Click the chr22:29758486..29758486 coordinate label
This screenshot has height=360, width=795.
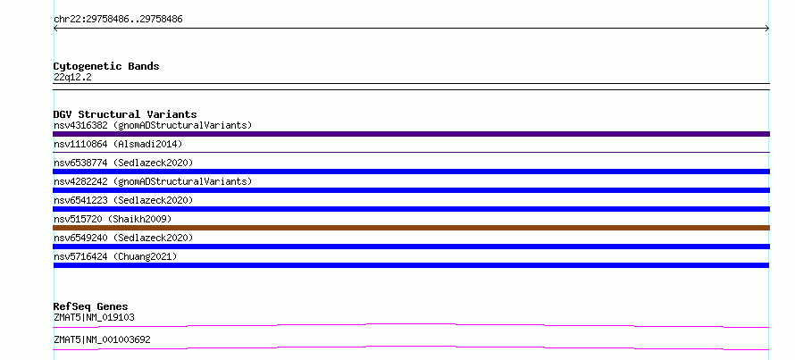(x=118, y=20)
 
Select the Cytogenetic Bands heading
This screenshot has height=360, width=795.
(x=106, y=66)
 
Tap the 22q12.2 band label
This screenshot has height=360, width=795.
(x=72, y=78)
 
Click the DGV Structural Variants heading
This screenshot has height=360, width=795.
(x=125, y=114)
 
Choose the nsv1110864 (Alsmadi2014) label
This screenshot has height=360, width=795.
(x=118, y=144)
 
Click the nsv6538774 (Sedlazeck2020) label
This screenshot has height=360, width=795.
(x=123, y=163)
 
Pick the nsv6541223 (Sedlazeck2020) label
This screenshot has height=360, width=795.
(x=123, y=200)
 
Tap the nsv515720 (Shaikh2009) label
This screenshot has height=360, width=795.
(x=113, y=219)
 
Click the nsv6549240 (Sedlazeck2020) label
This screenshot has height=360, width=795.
(x=123, y=238)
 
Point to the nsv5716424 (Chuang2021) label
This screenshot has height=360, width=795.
(x=115, y=256)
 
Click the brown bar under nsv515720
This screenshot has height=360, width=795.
(x=411, y=228)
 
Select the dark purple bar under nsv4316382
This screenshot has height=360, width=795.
(x=411, y=134)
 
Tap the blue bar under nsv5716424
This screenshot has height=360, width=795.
(x=411, y=265)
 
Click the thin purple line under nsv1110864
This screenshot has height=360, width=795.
(x=411, y=152)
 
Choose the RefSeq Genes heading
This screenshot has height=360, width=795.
(x=91, y=306)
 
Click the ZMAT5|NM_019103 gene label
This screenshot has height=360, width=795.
(x=94, y=317)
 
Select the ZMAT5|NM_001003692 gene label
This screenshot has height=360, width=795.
(x=102, y=339)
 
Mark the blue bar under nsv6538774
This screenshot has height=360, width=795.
(x=411, y=172)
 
